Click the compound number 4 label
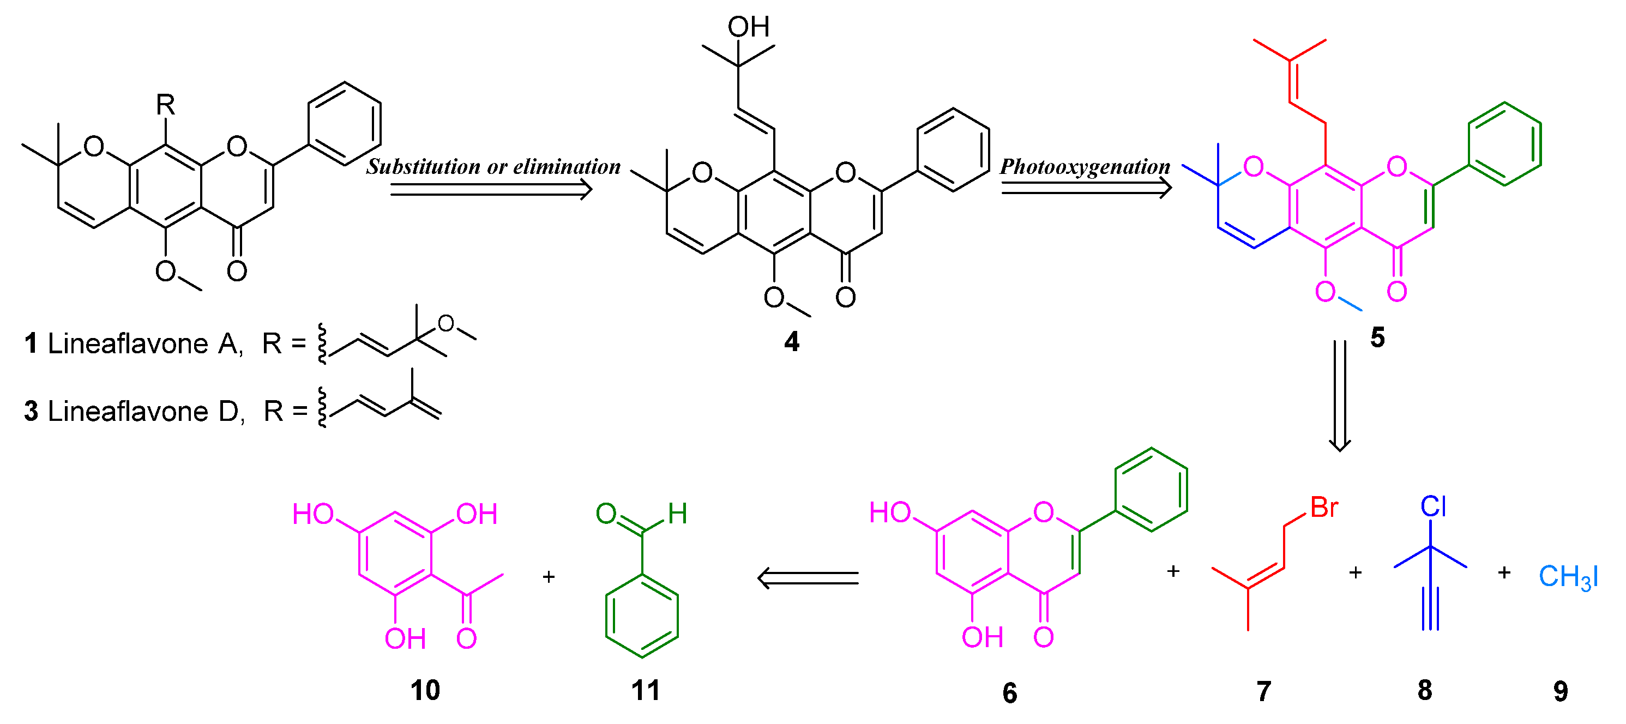tap(792, 341)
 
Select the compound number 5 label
tap(1377, 337)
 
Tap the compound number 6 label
tap(1010, 693)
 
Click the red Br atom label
tap(1324, 508)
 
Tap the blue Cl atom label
tap(1433, 506)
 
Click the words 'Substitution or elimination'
tap(493, 167)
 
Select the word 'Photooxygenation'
tap(1085, 167)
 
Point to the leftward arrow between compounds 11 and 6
tap(808, 577)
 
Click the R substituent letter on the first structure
tap(165, 104)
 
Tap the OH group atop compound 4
tap(749, 27)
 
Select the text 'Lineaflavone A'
tap(144, 344)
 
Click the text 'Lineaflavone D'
tap(146, 412)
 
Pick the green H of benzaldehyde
tap(678, 514)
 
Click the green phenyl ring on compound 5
tap(1505, 144)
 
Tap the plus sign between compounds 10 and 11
tap(549, 576)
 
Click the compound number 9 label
tap(1561, 692)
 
